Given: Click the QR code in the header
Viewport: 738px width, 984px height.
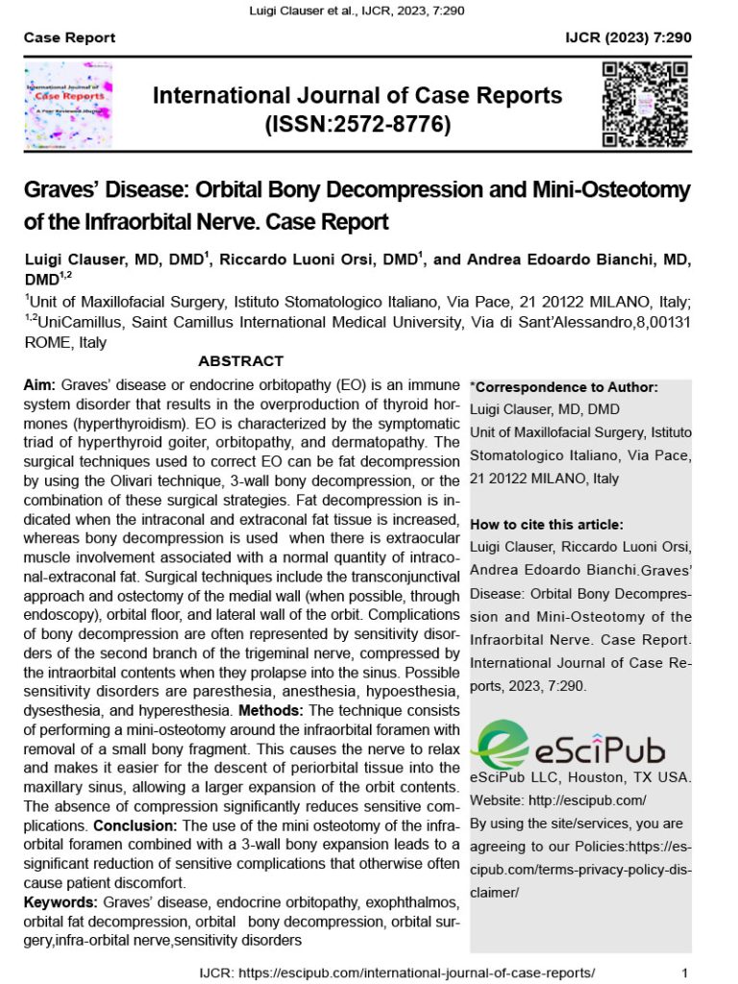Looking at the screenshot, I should pos(645,105).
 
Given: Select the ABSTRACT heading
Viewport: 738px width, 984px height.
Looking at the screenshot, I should pos(240,361).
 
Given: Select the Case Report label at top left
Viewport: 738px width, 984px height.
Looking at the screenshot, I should pos(69,37).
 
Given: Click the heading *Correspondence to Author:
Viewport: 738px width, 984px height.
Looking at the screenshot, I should pos(563,388).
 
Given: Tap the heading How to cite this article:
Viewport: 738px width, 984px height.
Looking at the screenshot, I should pos(546,525).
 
